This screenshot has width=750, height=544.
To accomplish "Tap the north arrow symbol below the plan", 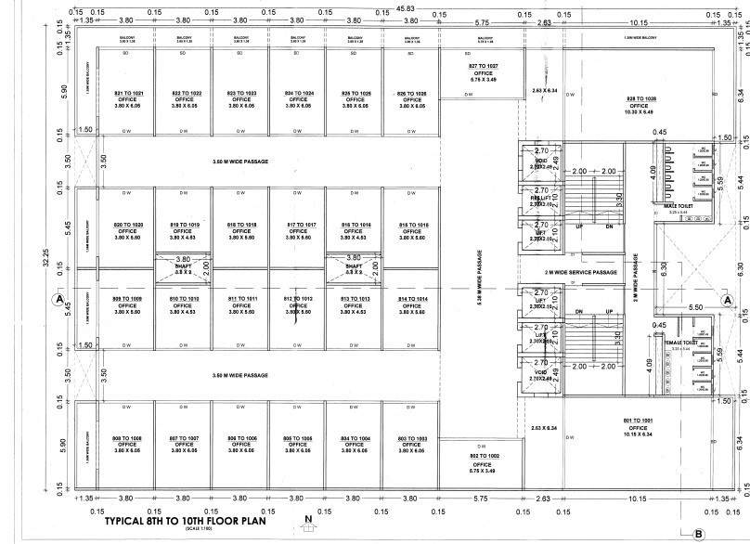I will [x=307, y=529].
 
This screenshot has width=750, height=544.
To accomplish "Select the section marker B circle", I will [x=698, y=534].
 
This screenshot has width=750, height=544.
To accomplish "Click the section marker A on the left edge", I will [x=58, y=300].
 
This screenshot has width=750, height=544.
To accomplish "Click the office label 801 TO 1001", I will [x=640, y=422].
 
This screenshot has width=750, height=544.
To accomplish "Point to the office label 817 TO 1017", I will [x=298, y=226].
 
